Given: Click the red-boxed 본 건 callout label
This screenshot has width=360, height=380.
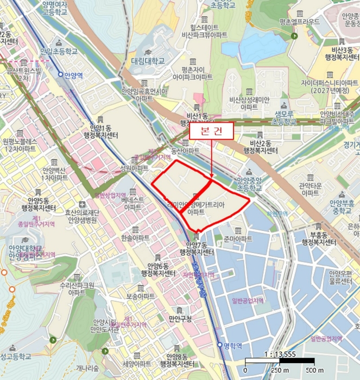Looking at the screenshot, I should [210, 131].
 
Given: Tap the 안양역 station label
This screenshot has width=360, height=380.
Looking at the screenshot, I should [72, 76].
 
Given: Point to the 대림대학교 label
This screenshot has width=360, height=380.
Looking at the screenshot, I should [147, 61].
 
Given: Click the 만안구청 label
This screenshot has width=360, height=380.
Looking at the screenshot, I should [180, 318].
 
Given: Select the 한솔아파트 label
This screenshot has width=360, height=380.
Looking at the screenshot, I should [136, 238].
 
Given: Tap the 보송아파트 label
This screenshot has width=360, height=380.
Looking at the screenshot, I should [140, 296].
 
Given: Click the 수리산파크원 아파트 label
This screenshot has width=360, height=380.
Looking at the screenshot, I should [78, 288].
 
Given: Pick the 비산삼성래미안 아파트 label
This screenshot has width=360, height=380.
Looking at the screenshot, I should [249, 103].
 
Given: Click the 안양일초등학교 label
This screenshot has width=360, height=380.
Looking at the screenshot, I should [59, 51].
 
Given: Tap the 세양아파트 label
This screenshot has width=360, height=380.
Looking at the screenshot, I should [136, 364].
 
